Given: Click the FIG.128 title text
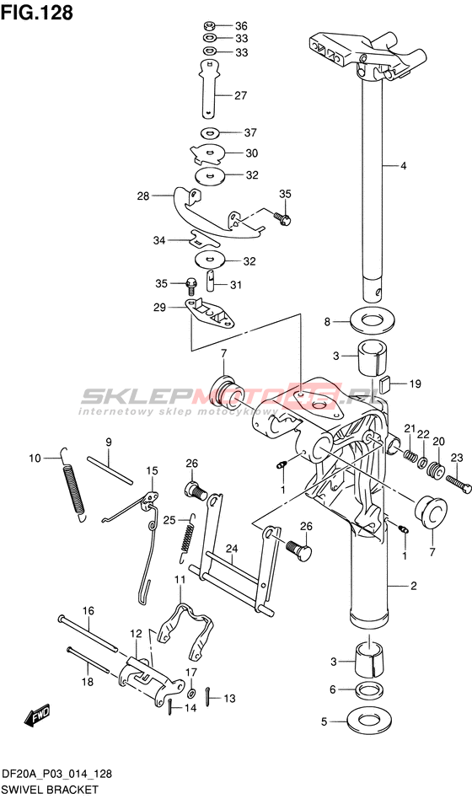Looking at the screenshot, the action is coord(37,13).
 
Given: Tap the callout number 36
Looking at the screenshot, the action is coord(241,26).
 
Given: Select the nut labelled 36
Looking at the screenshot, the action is coord(209,25).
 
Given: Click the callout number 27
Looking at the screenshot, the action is coord(240,95).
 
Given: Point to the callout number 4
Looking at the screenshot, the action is coord(403,165).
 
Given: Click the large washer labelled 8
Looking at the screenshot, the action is coord(373,320).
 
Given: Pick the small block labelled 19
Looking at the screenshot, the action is coord(385,383).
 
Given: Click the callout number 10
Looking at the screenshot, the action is coord(35,458).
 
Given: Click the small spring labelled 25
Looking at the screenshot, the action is coord(188,537).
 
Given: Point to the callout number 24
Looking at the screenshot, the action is coord(232,549).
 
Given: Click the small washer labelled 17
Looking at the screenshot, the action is coord(191,694).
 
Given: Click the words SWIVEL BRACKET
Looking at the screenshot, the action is coord(51,790).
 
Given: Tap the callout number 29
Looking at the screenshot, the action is coord(159,308).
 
